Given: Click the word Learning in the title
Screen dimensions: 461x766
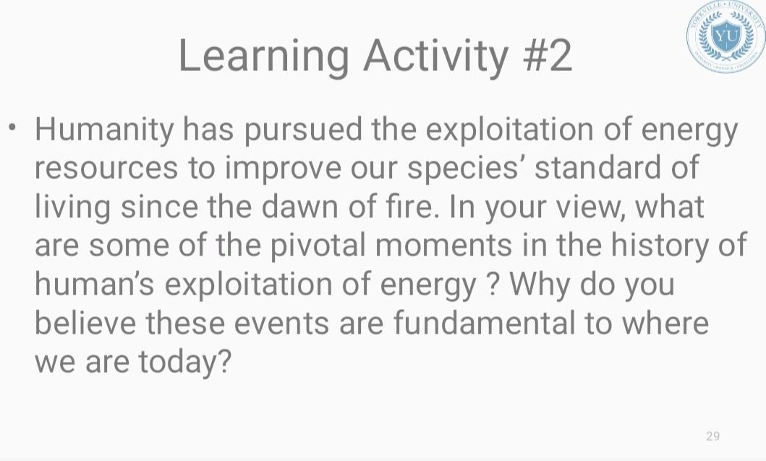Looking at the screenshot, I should coord(263,55).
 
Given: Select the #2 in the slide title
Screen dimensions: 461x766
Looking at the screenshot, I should coord(546,55).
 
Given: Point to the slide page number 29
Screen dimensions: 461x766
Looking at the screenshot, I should coord(712,436).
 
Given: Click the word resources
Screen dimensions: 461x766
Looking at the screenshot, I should coord(106,169).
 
